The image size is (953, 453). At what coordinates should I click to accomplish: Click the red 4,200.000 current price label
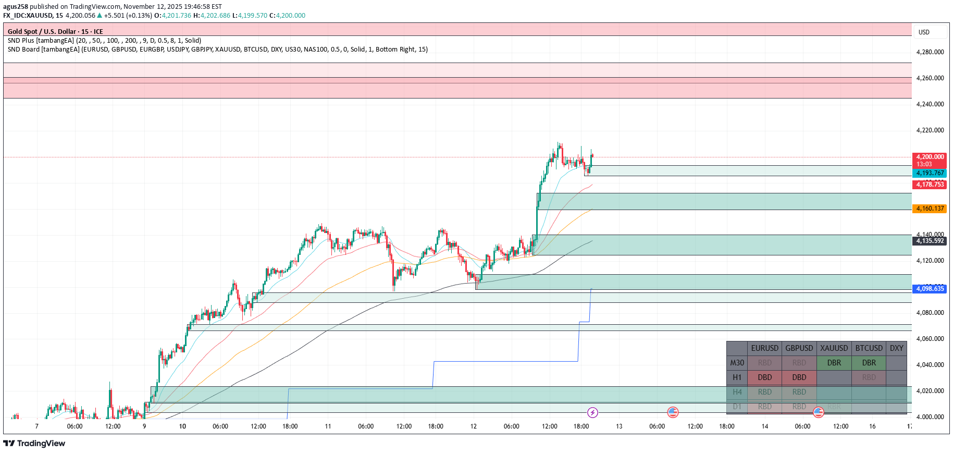click(930, 157)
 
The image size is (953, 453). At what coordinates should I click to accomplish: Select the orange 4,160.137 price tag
click(930, 209)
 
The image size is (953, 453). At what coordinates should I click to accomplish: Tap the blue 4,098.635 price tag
click(930, 289)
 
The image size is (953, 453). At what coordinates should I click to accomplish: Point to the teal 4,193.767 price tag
click(930, 173)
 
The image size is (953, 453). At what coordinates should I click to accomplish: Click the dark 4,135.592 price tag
click(930, 241)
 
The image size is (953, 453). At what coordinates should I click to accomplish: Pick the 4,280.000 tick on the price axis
click(930, 52)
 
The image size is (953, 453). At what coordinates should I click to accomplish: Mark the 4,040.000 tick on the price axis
click(930, 365)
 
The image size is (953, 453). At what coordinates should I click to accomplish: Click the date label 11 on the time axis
click(328, 426)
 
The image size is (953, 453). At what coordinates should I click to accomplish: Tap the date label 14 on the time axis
click(765, 426)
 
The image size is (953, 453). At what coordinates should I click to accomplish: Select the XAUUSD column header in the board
click(834, 348)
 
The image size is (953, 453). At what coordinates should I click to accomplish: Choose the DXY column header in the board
click(896, 348)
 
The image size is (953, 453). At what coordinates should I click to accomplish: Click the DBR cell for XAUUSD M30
click(834, 363)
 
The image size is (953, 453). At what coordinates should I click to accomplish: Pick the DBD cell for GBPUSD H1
click(799, 377)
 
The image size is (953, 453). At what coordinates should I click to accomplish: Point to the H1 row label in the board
click(737, 377)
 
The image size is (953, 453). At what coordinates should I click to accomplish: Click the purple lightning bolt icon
click(592, 413)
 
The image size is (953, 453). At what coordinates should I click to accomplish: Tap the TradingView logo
click(34, 444)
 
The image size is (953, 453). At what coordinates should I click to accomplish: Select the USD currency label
click(924, 32)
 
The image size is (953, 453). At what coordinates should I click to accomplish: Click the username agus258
click(16, 7)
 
